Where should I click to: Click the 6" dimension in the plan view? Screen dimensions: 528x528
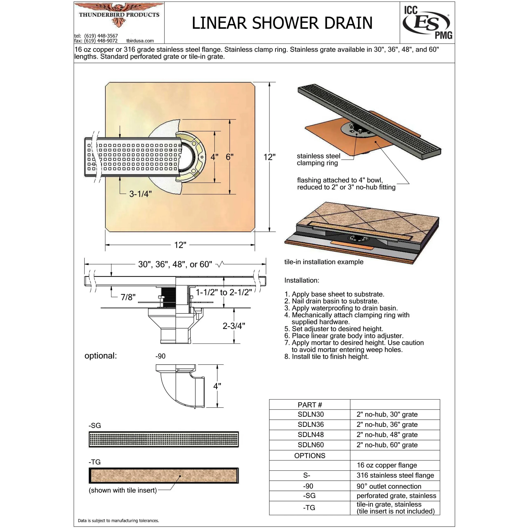pos(229,157)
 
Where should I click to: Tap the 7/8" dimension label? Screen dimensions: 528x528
pos(128,297)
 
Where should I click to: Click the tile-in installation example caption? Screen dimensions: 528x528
pos(324,262)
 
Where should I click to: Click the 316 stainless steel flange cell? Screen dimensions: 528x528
pos(395,475)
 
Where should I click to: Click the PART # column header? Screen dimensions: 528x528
pos(310,405)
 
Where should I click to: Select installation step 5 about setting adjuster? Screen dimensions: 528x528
pos(334,329)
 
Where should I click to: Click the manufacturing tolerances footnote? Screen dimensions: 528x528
pos(118,521)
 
